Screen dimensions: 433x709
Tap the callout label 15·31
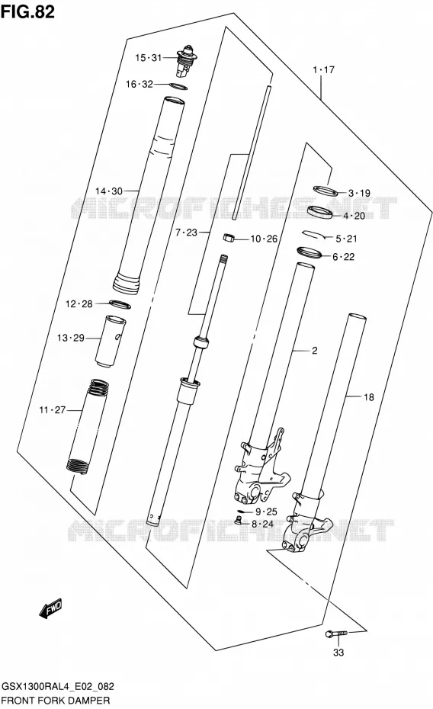tap(148, 57)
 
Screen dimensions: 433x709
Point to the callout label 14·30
tap(108, 191)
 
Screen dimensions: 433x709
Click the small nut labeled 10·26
tap(229, 237)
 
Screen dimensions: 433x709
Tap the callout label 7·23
tap(186, 233)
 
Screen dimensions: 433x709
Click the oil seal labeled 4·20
tap(320, 211)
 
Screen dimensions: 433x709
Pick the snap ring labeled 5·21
tap(316, 234)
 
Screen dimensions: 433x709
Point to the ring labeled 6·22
tap(310, 252)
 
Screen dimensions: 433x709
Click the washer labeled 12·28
tap(120, 304)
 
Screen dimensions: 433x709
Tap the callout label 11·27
tap(53, 410)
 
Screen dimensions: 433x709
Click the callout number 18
tap(369, 397)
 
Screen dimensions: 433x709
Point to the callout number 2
tap(315, 351)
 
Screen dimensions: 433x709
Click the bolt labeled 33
tap(336, 634)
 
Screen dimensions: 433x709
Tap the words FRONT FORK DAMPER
tap(56, 701)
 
